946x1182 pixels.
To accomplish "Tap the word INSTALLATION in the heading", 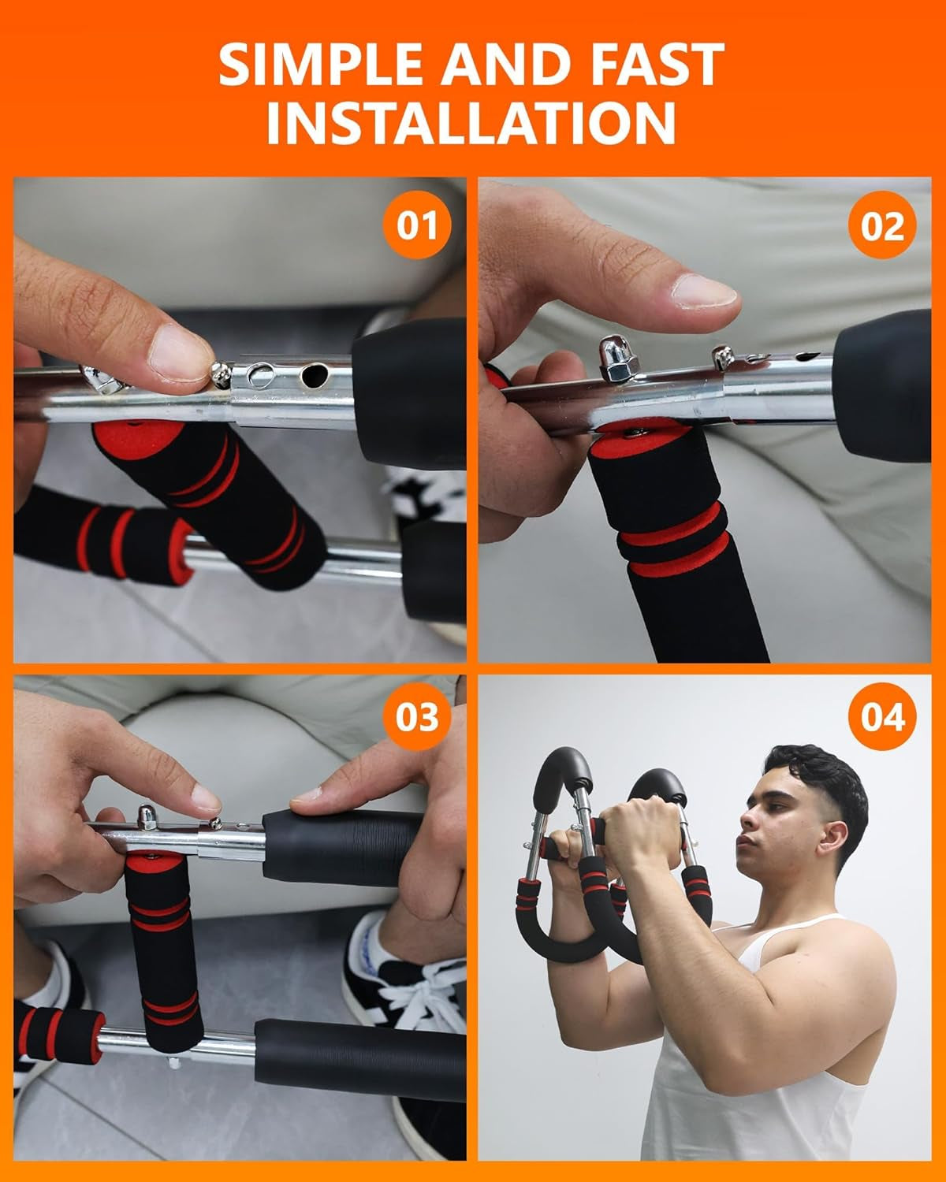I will point(471,122).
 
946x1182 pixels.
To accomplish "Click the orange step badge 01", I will point(416,225).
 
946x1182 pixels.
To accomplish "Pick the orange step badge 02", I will point(882,227).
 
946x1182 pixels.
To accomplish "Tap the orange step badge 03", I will point(416,718).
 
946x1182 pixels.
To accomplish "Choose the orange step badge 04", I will point(882,718).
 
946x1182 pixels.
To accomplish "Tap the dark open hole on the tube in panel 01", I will point(315,374).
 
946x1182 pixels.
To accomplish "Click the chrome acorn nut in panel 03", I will point(147,814).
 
